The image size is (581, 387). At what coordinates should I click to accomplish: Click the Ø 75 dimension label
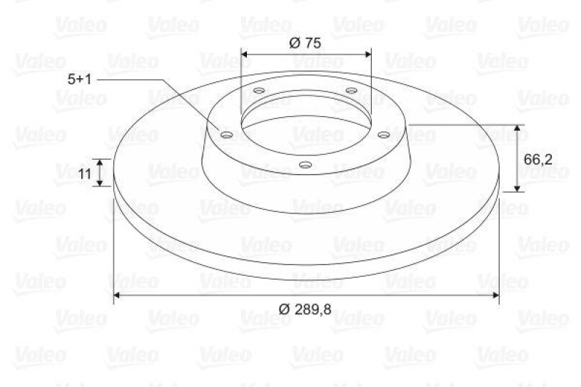[305, 42]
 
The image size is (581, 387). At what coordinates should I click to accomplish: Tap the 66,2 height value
[538, 158]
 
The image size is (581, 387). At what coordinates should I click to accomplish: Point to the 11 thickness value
[85, 173]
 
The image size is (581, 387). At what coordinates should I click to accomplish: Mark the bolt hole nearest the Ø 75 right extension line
[351, 91]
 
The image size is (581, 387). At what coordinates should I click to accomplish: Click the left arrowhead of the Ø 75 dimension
[245, 54]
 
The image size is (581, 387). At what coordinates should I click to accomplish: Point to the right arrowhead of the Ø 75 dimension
[367, 54]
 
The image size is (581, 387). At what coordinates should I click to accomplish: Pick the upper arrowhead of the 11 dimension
[102, 162]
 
